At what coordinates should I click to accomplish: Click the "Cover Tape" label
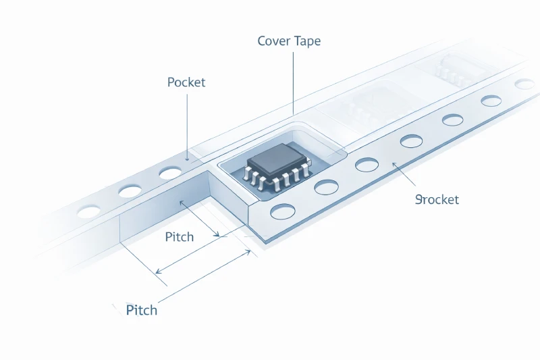(x=289, y=41)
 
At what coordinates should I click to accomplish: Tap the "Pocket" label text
(x=186, y=82)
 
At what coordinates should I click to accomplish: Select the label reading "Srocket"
(x=437, y=199)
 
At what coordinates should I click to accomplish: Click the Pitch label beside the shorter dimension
(x=179, y=237)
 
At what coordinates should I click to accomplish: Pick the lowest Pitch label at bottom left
(x=142, y=310)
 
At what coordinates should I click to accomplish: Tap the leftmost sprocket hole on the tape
(x=88, y=212)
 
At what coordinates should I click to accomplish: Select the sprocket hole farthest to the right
(x=524, y=84)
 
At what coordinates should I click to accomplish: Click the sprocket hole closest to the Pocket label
(x=169, y=174)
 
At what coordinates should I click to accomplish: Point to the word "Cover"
(x=274, y=41)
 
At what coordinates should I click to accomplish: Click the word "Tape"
(x=306, y=41)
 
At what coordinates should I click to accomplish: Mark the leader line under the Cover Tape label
(x=294, y=81)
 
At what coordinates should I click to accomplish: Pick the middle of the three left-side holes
(x=130, y=192)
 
